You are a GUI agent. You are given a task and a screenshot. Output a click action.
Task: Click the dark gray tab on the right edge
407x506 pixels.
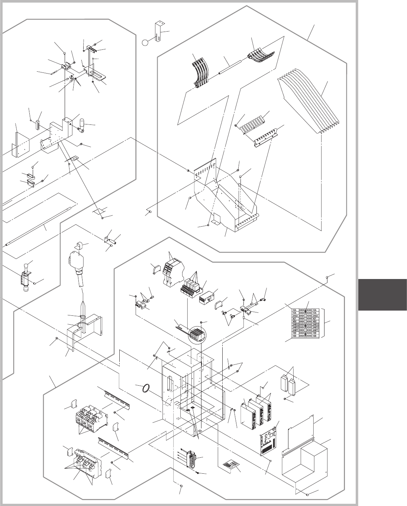click(x=383, y=295)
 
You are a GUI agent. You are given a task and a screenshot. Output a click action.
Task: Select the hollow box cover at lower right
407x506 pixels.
click(x=305, y=457)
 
